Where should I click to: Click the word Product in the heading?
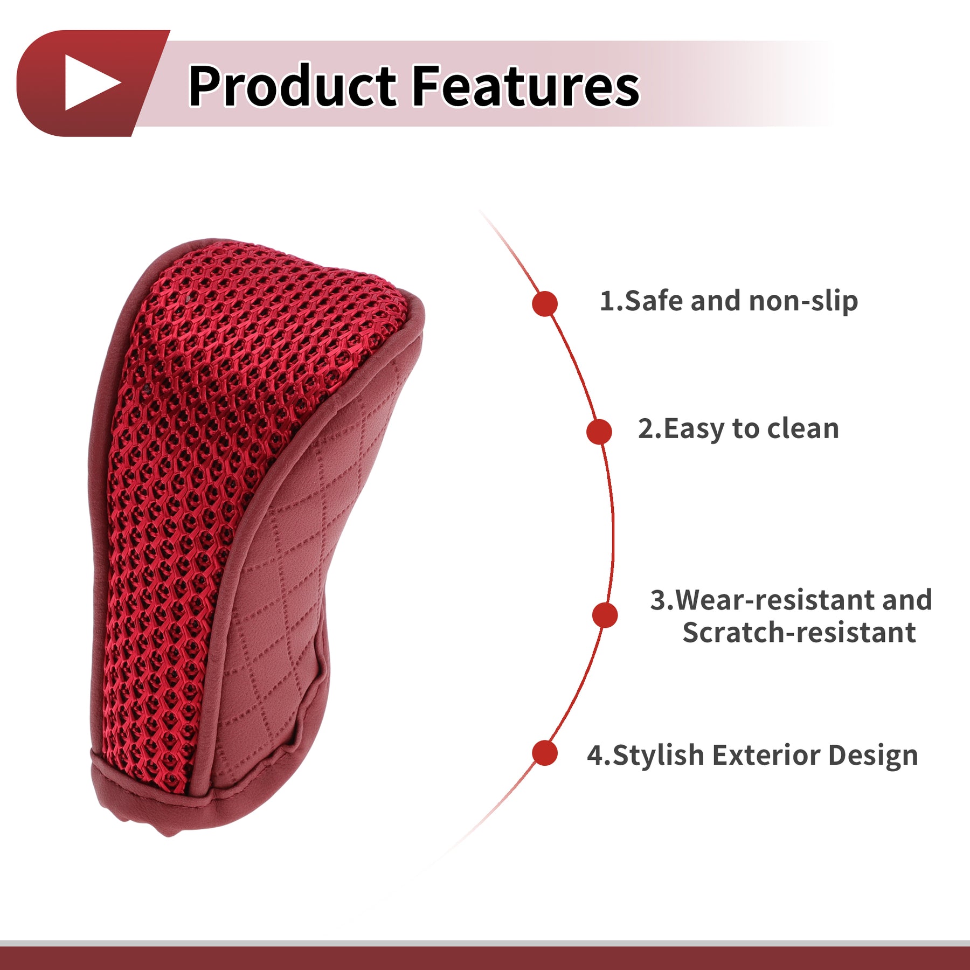coord(292,85)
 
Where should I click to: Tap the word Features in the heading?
coord(526,85)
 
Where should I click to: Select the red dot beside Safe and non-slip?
coord(545,304)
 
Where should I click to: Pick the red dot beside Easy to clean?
coord(599,432)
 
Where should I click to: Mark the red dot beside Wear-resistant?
coord(605,615)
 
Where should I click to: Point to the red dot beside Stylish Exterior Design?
coord(545,753)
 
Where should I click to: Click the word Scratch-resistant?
coord(799,632)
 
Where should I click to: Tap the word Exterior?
coord(766,755)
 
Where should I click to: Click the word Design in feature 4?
coord(873,756)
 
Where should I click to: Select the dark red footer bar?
coord(485,958)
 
